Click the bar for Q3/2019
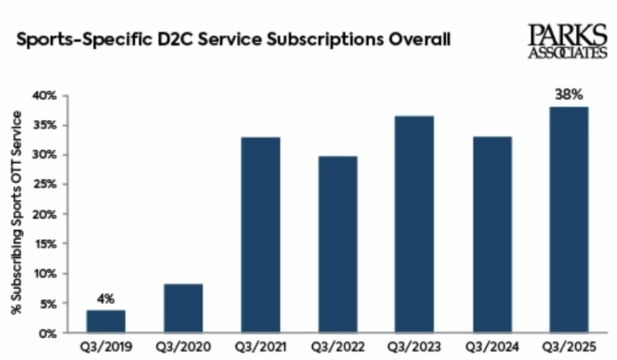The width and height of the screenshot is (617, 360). coord(106,321)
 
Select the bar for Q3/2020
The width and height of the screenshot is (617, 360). coord(183,308)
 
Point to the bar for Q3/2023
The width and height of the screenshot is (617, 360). coord(414,224)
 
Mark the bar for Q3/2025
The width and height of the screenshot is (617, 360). coord(569,219)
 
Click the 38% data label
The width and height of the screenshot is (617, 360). coord(569,95)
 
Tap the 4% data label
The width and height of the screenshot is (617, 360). coord(106,298)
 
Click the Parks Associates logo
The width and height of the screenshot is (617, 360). coord(567,41)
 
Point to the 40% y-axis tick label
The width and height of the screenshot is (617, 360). coord(45,96)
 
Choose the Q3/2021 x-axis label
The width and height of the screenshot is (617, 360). coord(260,347)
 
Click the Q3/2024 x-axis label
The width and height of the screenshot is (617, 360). coord(492,347)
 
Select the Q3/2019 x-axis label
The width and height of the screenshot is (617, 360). coord(106,347)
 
